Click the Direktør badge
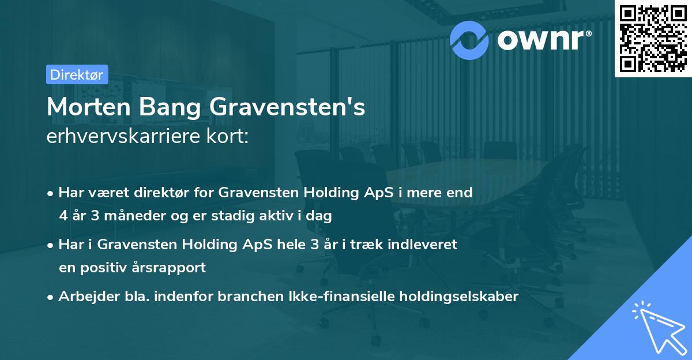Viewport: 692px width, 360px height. [x=77, y=74]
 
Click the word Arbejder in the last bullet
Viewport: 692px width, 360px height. [x=84, y=297]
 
